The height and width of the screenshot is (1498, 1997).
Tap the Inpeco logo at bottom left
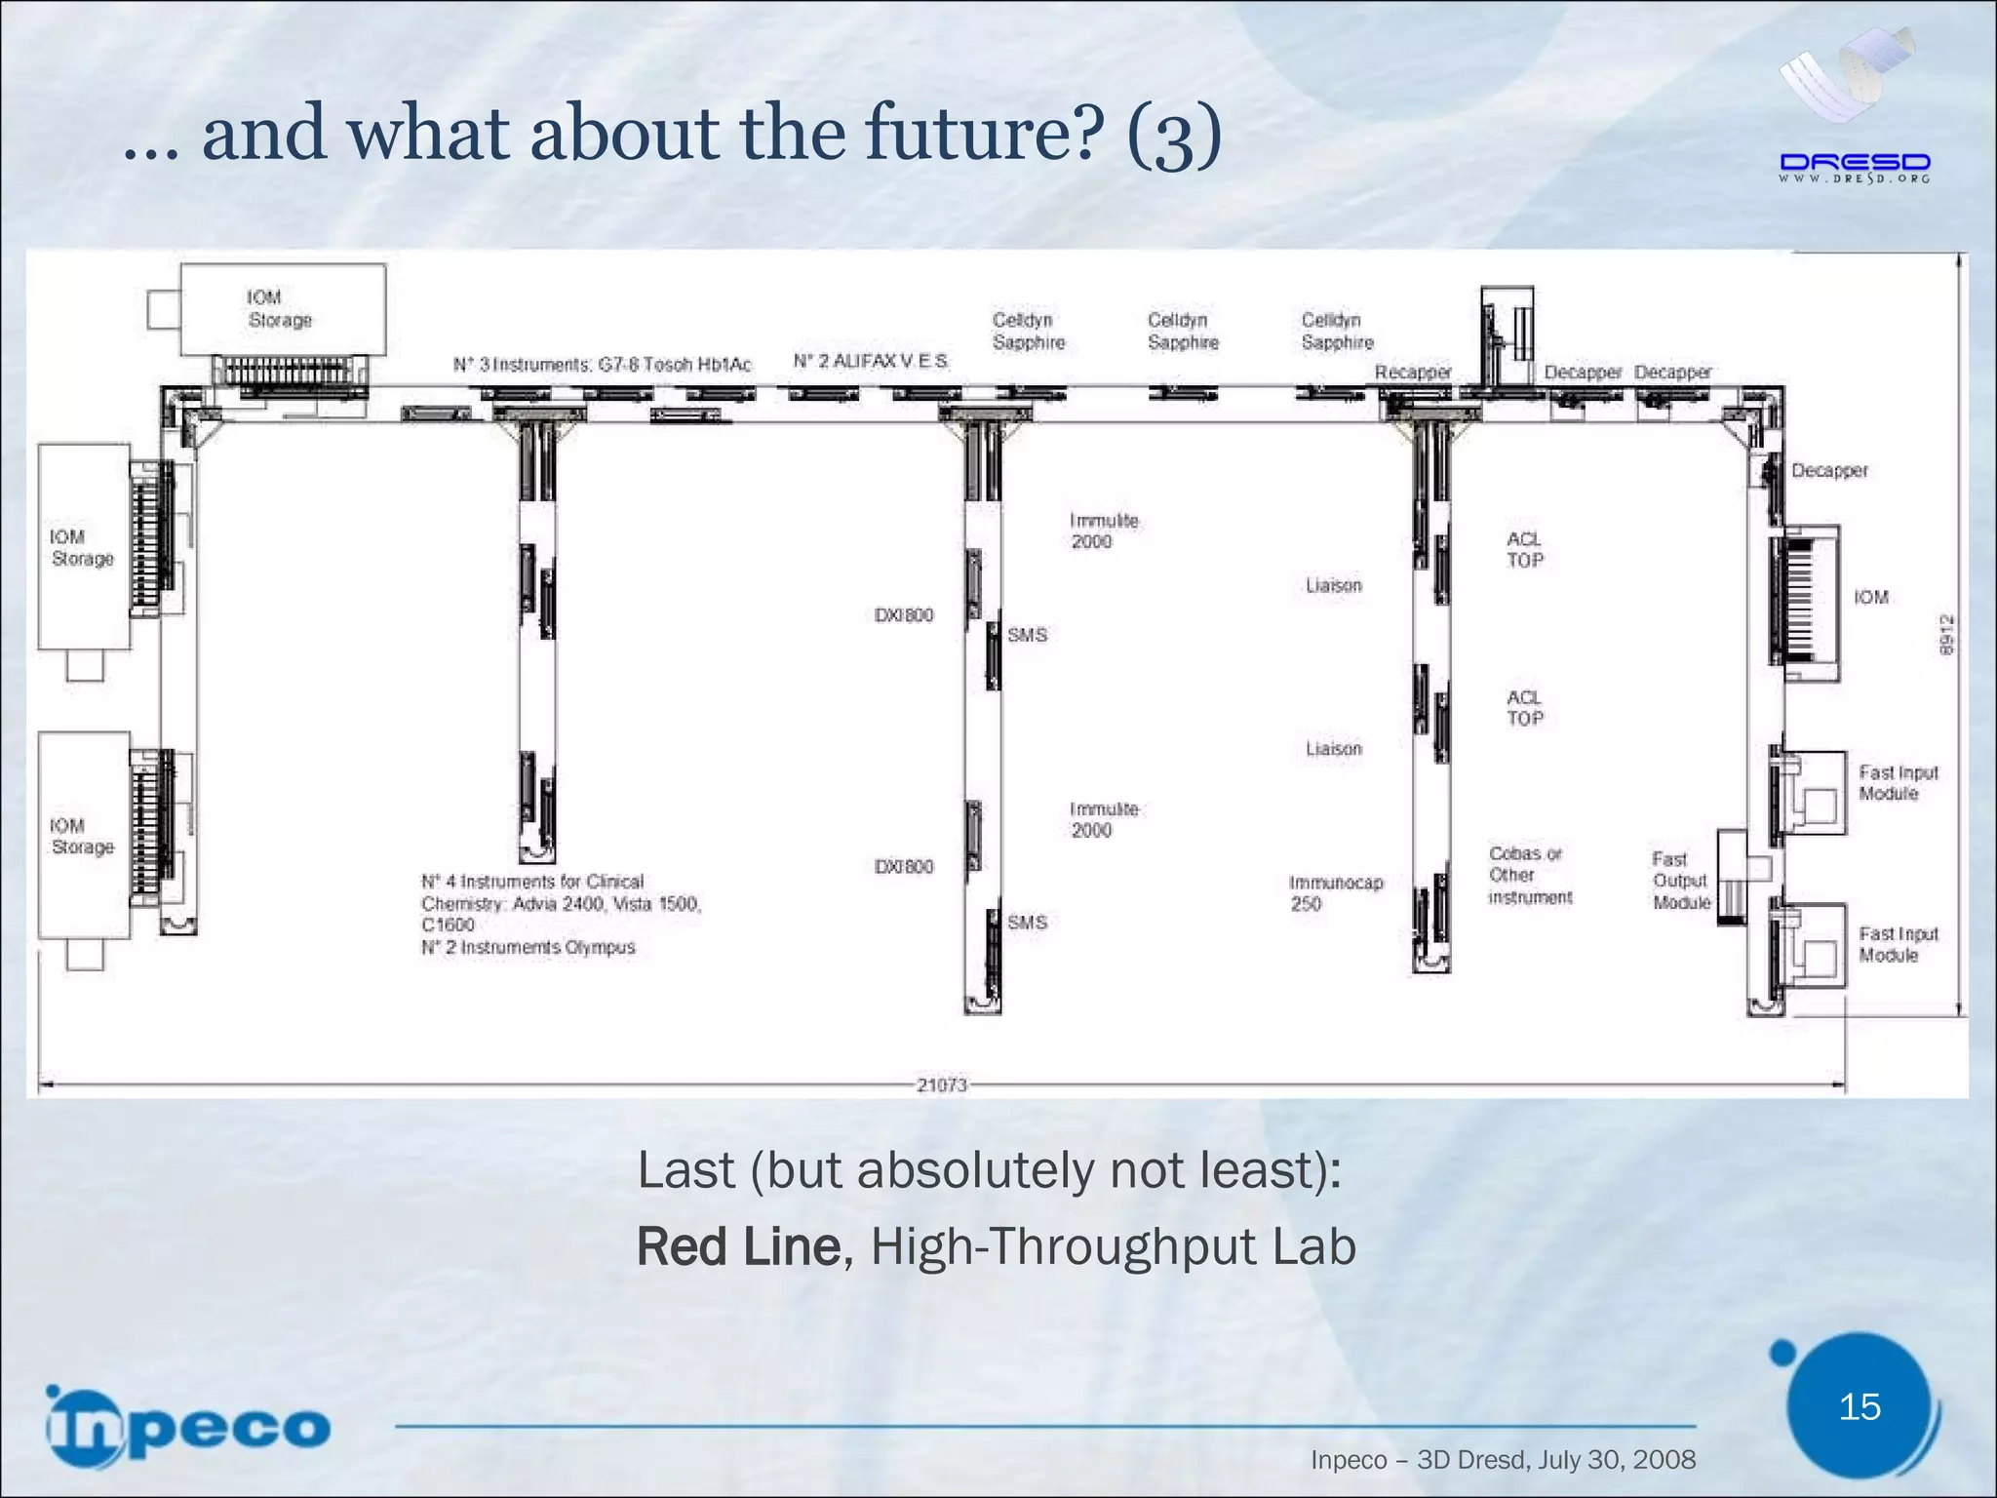(x=188, y=1426)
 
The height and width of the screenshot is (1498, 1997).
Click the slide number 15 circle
(x=1859, y=1406)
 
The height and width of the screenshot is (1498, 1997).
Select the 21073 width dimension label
(x=941, y=1084)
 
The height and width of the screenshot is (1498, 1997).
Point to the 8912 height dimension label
(x=1946, y=634)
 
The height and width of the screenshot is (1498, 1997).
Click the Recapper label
(x=1412, y=373)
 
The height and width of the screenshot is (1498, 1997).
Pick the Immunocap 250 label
(x=1335, y=893)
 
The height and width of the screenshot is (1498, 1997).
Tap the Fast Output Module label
(x=1680, y=881)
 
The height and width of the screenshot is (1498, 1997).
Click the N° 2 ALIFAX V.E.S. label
(x=871, y=362)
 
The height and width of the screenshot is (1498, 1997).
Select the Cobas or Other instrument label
(x=1529, y=875)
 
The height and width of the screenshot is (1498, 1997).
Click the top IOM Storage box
(x=283, y=308)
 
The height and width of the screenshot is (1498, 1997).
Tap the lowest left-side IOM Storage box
(x=84, y=836)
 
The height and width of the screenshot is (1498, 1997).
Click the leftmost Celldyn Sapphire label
(x=1028, y=332)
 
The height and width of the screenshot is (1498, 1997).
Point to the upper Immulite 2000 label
(x=1103, y=532)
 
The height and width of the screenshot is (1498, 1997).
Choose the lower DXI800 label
(x=903, y=867)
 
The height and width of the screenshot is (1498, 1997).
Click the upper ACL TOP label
(x=1524, y=550)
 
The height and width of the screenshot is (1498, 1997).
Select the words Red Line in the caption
(x=737, y=1247)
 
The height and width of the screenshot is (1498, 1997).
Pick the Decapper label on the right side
(x=1828, y=471)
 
